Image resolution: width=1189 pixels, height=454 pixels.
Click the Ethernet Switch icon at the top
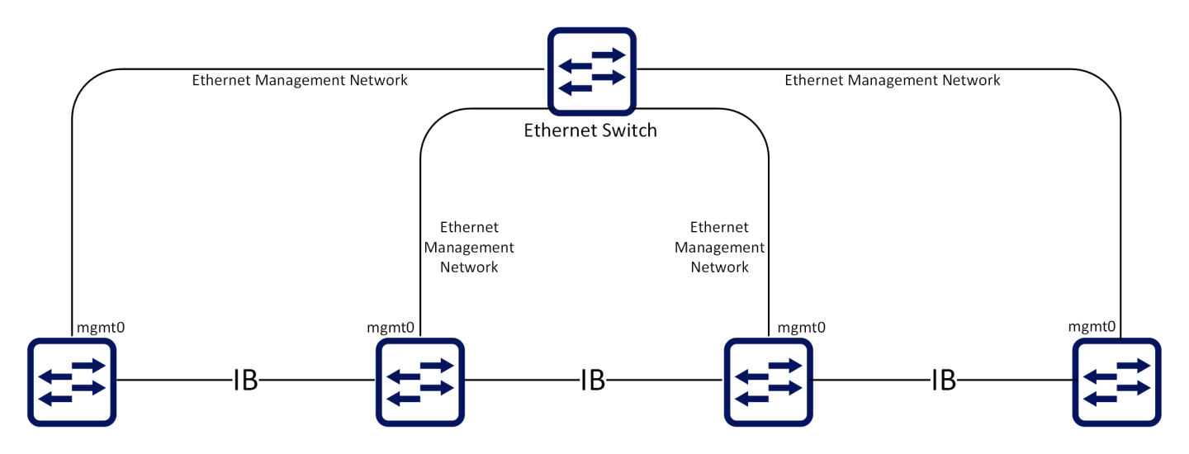[x=592, y=72]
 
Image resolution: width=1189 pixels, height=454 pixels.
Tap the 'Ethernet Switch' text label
[x=590, y=130]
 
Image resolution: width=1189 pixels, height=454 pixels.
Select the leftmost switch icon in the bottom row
[x=73, y=381]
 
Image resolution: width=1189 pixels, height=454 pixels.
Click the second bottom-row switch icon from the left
[x=420, y=381]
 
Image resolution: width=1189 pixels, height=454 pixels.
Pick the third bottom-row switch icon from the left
[x=769, y=381]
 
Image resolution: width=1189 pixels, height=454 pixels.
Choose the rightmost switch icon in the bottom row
[x=1116, y=381]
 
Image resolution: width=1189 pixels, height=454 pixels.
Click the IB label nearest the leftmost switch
[x=245, y=381]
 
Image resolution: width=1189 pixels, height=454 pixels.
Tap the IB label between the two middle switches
[x=593, y=381]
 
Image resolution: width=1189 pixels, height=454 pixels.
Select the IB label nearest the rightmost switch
[x=943, y=381]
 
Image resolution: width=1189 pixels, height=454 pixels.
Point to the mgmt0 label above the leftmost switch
[x=101, y=328]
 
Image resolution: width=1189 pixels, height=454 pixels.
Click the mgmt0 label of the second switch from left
[x=391, y=328]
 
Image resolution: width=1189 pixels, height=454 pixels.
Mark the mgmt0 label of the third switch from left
[x=802, y=328]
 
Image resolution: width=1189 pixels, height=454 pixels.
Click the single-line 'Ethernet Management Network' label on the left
[x=300, y=81]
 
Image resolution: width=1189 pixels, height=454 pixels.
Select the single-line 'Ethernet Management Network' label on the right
[x=892, y=80]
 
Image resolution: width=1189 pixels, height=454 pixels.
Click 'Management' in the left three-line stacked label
[x=469, y=248]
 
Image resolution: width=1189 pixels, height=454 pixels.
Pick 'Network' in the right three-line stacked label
[x=719, y=267]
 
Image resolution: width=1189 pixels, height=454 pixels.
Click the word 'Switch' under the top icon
[x=628, y=130]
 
